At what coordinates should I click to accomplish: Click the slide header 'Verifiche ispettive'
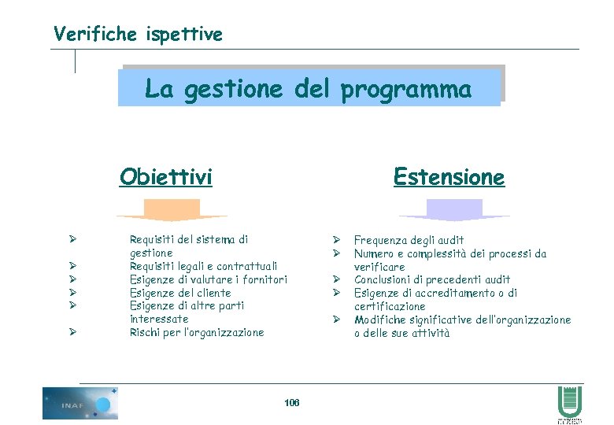pos(138,34)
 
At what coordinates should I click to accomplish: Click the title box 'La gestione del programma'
pos(309,89)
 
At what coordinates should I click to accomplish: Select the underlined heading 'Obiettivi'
pos(165,176)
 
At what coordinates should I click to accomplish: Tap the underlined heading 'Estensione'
pos(449,176)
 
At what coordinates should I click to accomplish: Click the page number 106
pos(291,402)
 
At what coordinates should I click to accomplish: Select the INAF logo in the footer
pos(80,403)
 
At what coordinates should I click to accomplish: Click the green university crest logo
pos(569,403)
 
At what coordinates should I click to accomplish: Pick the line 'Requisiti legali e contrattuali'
pos(203,266)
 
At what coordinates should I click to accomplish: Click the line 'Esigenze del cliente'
pos(180,293)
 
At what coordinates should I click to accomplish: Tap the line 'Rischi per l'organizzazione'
pos(197,332)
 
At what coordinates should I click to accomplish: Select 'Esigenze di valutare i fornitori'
pos(208,279)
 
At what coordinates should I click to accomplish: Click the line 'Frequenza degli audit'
pos(409,239)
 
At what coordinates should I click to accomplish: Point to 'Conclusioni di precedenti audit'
pos(432,279)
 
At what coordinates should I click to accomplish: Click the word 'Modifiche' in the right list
pos(379,320)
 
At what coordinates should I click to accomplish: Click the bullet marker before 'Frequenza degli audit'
pos(335,239)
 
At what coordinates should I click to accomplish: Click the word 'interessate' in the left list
pos(159,319)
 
